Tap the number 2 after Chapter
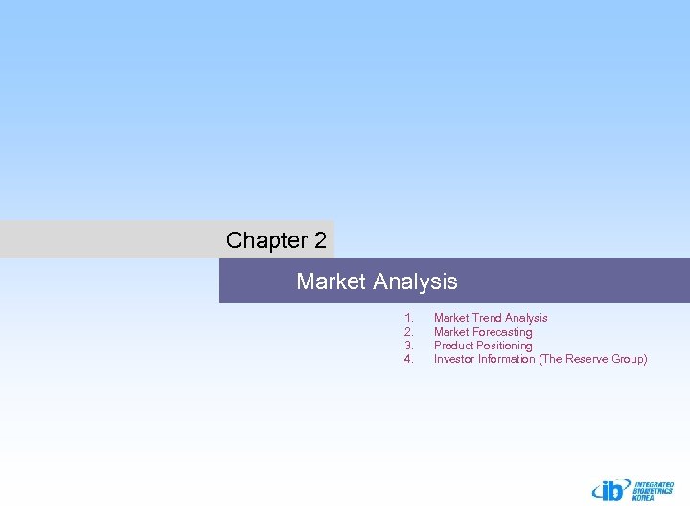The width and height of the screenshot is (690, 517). (x=319, y=240)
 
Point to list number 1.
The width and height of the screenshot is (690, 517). (x=408, y=318)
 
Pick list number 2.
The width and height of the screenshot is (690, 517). (x=408, y=332)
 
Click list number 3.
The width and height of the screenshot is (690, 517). (x=408, y=346)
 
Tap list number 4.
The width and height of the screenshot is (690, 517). (x=408, y=359)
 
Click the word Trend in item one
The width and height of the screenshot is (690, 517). (x=488, y=318)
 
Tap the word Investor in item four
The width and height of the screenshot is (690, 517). (x=455, y=359)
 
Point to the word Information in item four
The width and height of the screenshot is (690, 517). (x=507, y=359)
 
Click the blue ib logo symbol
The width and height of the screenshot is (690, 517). (x=610, y=490)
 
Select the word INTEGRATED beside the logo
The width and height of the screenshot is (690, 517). (x=654, y=484)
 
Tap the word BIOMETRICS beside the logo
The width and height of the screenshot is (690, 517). (x=653, y=492)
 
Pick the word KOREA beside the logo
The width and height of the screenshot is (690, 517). (x=644, y=499)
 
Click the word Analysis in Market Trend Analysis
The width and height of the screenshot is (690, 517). (x=526, y=318)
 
